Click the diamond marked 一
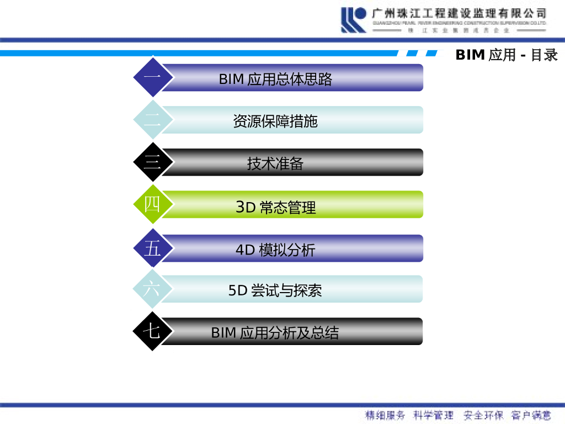coord(153,77)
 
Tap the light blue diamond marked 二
coord(153,120)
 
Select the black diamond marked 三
coord(153,162)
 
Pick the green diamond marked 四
coord(153,204)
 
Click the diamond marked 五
coord(153,248)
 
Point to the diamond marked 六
coord(153,289)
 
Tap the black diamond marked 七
coord(153,331)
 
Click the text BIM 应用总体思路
coord(275,79)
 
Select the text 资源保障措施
coord(275,121)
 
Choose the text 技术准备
coord(275,163)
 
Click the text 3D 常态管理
coord(275,208)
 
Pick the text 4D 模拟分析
coord(275,250)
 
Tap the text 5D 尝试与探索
coord(275,290)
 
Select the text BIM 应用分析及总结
coord(275,333)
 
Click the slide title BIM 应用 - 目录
coord(507,55)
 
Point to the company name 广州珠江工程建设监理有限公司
coord(459,12)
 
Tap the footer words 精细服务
coord(385,415)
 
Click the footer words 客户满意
coord(531,415)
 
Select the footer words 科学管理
coord(434,415)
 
